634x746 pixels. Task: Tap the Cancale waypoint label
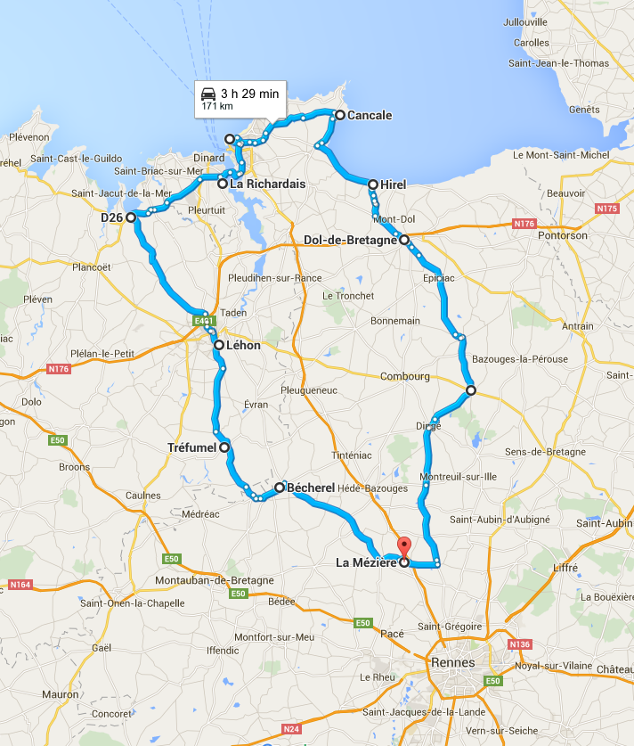[370, 115]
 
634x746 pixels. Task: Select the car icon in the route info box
[208, 94]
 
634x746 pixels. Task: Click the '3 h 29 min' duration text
[250, 94]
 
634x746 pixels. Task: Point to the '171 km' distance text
[216, 106]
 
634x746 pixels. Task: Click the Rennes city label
[452, 662]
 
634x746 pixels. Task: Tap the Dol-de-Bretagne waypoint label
[350, 240]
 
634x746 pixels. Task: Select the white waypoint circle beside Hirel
[373, 184]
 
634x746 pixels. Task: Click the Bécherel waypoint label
[311, 488]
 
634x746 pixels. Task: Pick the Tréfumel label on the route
[191, 447]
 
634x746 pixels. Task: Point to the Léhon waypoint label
[243, 344]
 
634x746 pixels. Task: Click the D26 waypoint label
[111, 217]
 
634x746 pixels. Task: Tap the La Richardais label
[268, 184]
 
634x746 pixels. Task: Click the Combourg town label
[405, 376]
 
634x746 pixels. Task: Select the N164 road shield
[19, 585]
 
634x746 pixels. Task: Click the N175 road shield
[607, 209]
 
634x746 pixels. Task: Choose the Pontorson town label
[561, 235]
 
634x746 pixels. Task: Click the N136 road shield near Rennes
[519, 644]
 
